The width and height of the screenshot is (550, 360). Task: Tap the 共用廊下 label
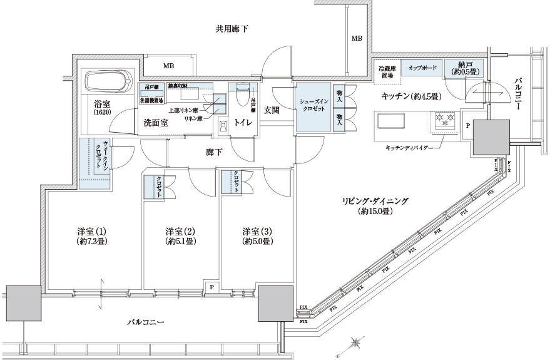coord(232,28)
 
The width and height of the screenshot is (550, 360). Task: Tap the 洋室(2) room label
coord(180,235)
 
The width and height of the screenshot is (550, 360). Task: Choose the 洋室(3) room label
coord(257,235)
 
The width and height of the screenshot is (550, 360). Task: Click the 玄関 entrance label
coord(272,110)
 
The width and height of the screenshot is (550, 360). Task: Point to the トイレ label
coord(243,123)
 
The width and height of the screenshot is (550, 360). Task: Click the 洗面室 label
coord(155,123)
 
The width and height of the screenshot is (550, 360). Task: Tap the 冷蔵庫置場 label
coord(385,71)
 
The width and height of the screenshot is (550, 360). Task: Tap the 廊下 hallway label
coord(214,152)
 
